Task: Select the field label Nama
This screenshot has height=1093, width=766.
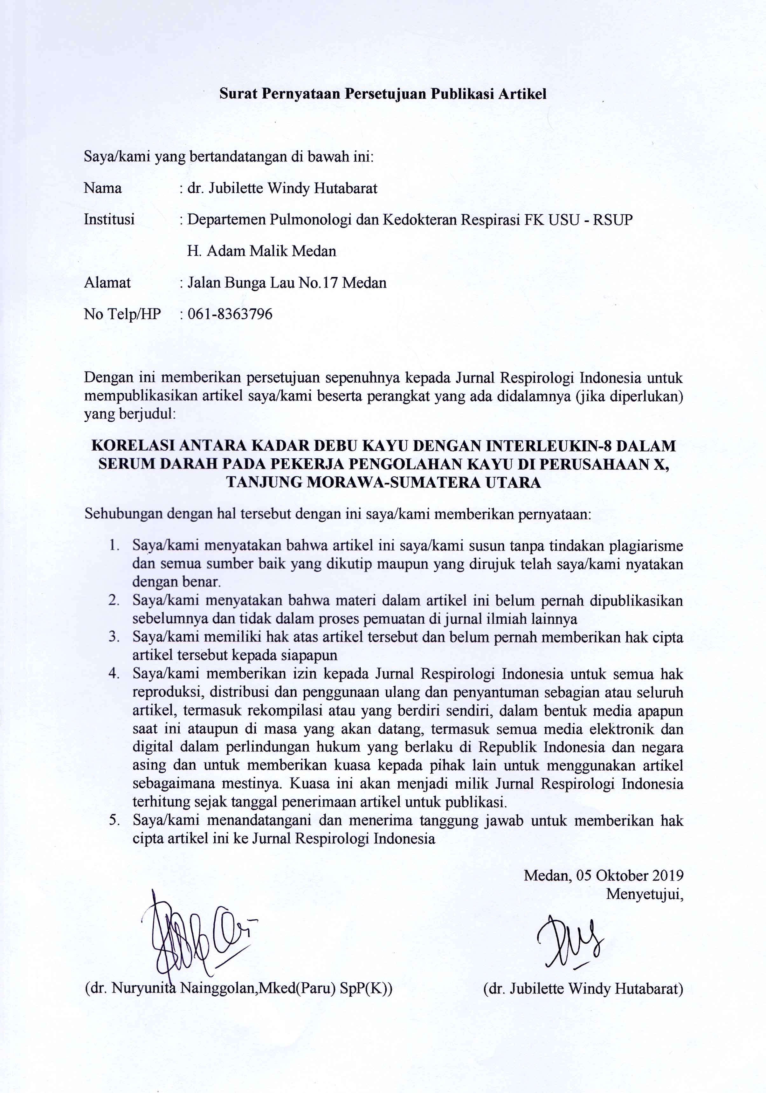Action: pyautogui.click(x=102, y=189)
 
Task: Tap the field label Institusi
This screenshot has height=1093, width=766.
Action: pyautogui.click(x=109, y=219)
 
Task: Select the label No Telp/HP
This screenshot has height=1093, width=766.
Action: pyautogui.click(x=122, y=314)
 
